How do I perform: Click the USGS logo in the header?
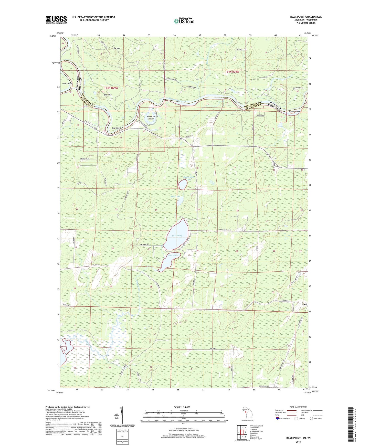click(x=56, y=19)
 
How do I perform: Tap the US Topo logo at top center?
click(x=184, y=21)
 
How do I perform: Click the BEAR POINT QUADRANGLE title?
click(x=306, y=17)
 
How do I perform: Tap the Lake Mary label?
click(x=177, y=236)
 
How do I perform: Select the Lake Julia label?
click(x=173, y=255)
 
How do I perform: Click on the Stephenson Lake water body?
click(x=183, y=185)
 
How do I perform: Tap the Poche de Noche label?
click(x=151, y=118)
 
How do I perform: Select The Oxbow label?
click(x=68, y=84)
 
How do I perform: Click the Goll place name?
click(x=304, y=304)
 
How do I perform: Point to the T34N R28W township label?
click(x=232, y=72)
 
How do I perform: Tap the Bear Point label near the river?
click(x=116, y=128)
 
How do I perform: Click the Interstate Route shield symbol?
click(x=278, y=418)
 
